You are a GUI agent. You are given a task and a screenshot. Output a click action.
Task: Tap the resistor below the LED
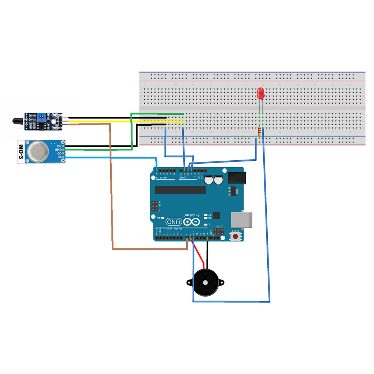pos(260,132)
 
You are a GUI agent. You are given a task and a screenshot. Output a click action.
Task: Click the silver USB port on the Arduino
pos(241,219)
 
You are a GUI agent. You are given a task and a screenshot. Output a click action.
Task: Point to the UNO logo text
pos(174,222)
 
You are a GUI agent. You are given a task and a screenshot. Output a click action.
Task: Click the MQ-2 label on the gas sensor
pos(21,152)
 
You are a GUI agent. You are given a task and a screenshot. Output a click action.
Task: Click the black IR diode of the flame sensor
pos(18,121)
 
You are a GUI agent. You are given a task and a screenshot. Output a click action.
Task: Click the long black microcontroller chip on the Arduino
pos(180,190)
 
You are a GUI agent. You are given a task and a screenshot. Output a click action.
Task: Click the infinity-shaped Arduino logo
pos(192,222)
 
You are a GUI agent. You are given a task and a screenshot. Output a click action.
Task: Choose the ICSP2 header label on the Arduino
pos(218,226)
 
